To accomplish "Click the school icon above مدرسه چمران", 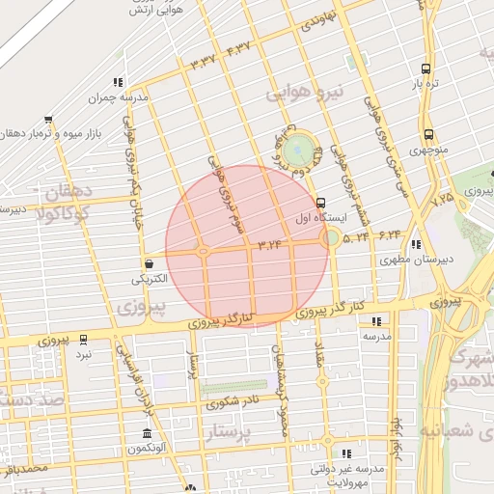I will [x=117, y=83].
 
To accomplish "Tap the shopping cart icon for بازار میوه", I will [x=48, y=120].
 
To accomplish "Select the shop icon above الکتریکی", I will [x=149, y=263].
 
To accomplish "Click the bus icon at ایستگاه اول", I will [x=320, y=203].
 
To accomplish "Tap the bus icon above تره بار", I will [x=425, y=69].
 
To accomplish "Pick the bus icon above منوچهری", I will [x=428, y=135].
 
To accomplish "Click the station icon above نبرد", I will [x=84, y=339].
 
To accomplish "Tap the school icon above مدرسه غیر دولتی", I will [x=345, y=453].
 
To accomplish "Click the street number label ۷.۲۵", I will [x=443, y=199].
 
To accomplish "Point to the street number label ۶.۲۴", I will [x=390, y=233].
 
